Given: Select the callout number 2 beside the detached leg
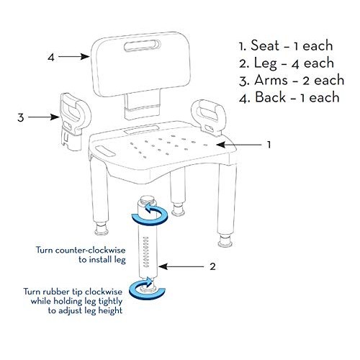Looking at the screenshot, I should [x=212, y=266].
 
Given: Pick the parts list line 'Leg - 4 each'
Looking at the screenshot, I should [x=287, y=62].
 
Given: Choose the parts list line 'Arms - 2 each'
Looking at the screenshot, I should [x=292, y=79].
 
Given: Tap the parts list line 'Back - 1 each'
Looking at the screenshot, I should [x=291, y=96].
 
